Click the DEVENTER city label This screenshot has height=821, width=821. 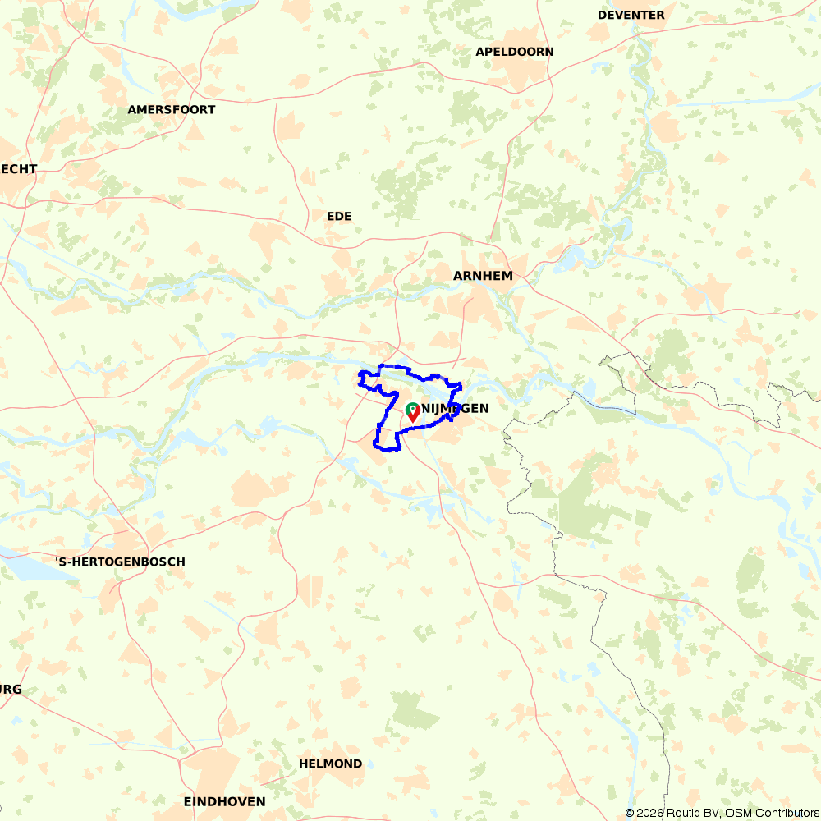pos(631,15)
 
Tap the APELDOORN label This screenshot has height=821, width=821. pos(514,52)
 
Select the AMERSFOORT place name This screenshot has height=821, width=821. pos(171,109)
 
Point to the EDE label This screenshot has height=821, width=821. pos(338,216)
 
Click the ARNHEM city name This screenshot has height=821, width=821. pos(483,276)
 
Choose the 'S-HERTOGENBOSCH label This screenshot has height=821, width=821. pos(120,562)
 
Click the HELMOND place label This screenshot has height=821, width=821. pos(330,764)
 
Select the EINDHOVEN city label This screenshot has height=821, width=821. pos(224,801)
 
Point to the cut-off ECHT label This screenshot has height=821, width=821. pos(18,168)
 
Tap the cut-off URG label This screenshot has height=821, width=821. pos(11,690)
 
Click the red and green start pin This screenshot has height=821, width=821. pos(413,412)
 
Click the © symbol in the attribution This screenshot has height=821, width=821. pos(630,813)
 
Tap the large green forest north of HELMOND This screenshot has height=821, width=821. pos(415,710)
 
